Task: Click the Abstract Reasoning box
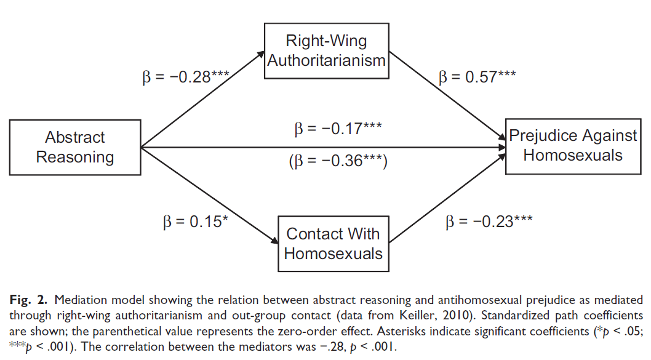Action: point(75,147)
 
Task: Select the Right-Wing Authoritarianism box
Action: point(327,51)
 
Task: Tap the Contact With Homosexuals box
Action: point(333,243)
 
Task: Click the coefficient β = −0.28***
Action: point(185,78)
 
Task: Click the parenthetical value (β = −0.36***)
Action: point(338,163)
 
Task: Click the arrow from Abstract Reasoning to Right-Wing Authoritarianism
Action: point(203,98)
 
